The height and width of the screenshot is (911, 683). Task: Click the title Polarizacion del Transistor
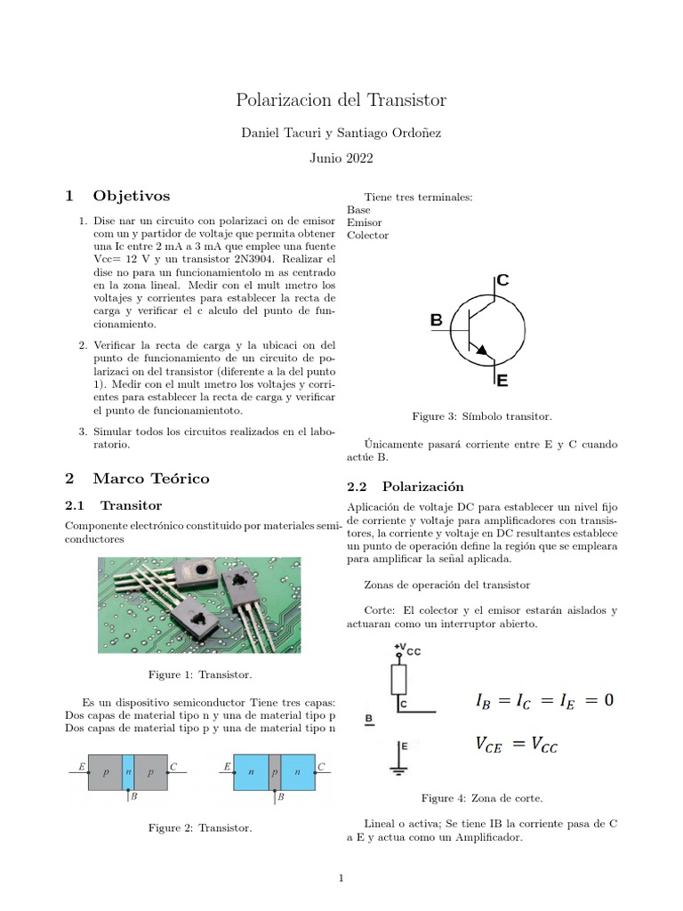tap(341, 100)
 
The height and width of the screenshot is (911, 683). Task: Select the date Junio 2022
tap(341, 159)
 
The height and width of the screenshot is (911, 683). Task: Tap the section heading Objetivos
tap(131, 196)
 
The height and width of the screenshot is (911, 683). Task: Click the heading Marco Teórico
tap(150, 479)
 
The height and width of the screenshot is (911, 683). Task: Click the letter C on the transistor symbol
tap(502, 280)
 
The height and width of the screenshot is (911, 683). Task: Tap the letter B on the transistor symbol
tap(436, 319)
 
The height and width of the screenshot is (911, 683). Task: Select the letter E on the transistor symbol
tap(502, 381)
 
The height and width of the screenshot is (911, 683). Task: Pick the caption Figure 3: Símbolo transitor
tap(481, 416)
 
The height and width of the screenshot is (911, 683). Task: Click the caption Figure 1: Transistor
tap(199, 675)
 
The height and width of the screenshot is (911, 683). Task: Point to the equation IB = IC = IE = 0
tap(544, 701)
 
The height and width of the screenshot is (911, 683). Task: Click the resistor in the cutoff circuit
tap(398, 680)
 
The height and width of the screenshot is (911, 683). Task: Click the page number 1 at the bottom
tap(341, 879)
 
